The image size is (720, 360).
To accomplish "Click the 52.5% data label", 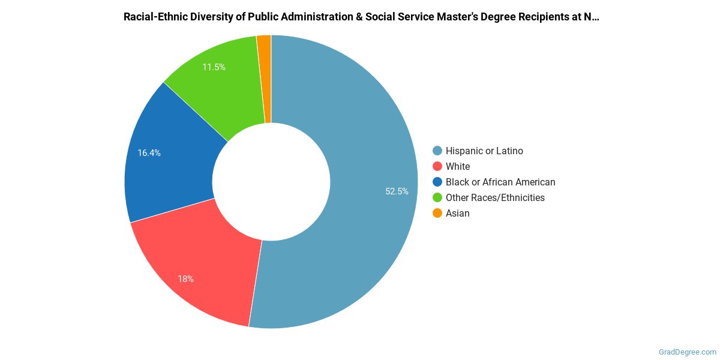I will [397, 191].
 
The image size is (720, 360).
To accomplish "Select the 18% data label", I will [185, 279].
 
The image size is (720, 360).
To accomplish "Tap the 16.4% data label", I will [149, 153].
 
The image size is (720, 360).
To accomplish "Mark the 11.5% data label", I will [214, 67].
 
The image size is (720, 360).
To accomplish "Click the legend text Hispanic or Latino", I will [484, 151].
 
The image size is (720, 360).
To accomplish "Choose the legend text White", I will [458, 167].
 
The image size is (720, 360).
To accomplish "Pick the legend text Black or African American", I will [500, 182].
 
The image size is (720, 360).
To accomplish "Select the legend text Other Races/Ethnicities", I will [495, 198].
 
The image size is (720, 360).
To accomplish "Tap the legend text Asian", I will [458, 214].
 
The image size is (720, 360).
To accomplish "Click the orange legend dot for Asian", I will [437, 214].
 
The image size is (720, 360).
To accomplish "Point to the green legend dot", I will [437, 198].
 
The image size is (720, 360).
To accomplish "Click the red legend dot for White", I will [437, 167].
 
